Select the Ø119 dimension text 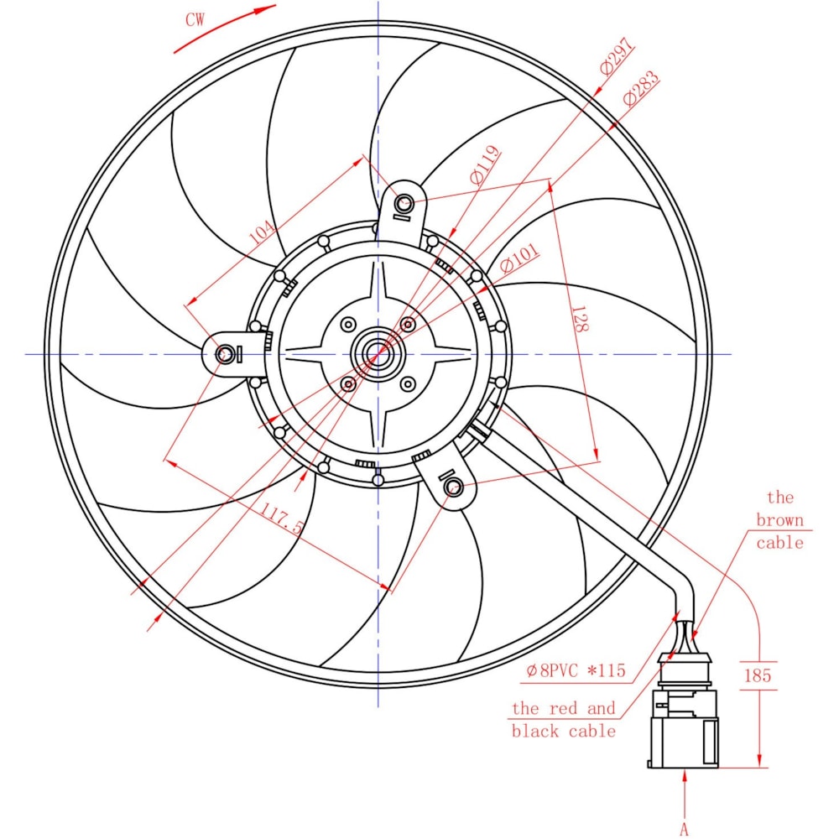(485, 164)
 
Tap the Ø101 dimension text (519, 258)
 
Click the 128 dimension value (580, 319)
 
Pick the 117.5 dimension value (281, 518)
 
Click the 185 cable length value (758, 675)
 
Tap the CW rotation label (195, 20)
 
